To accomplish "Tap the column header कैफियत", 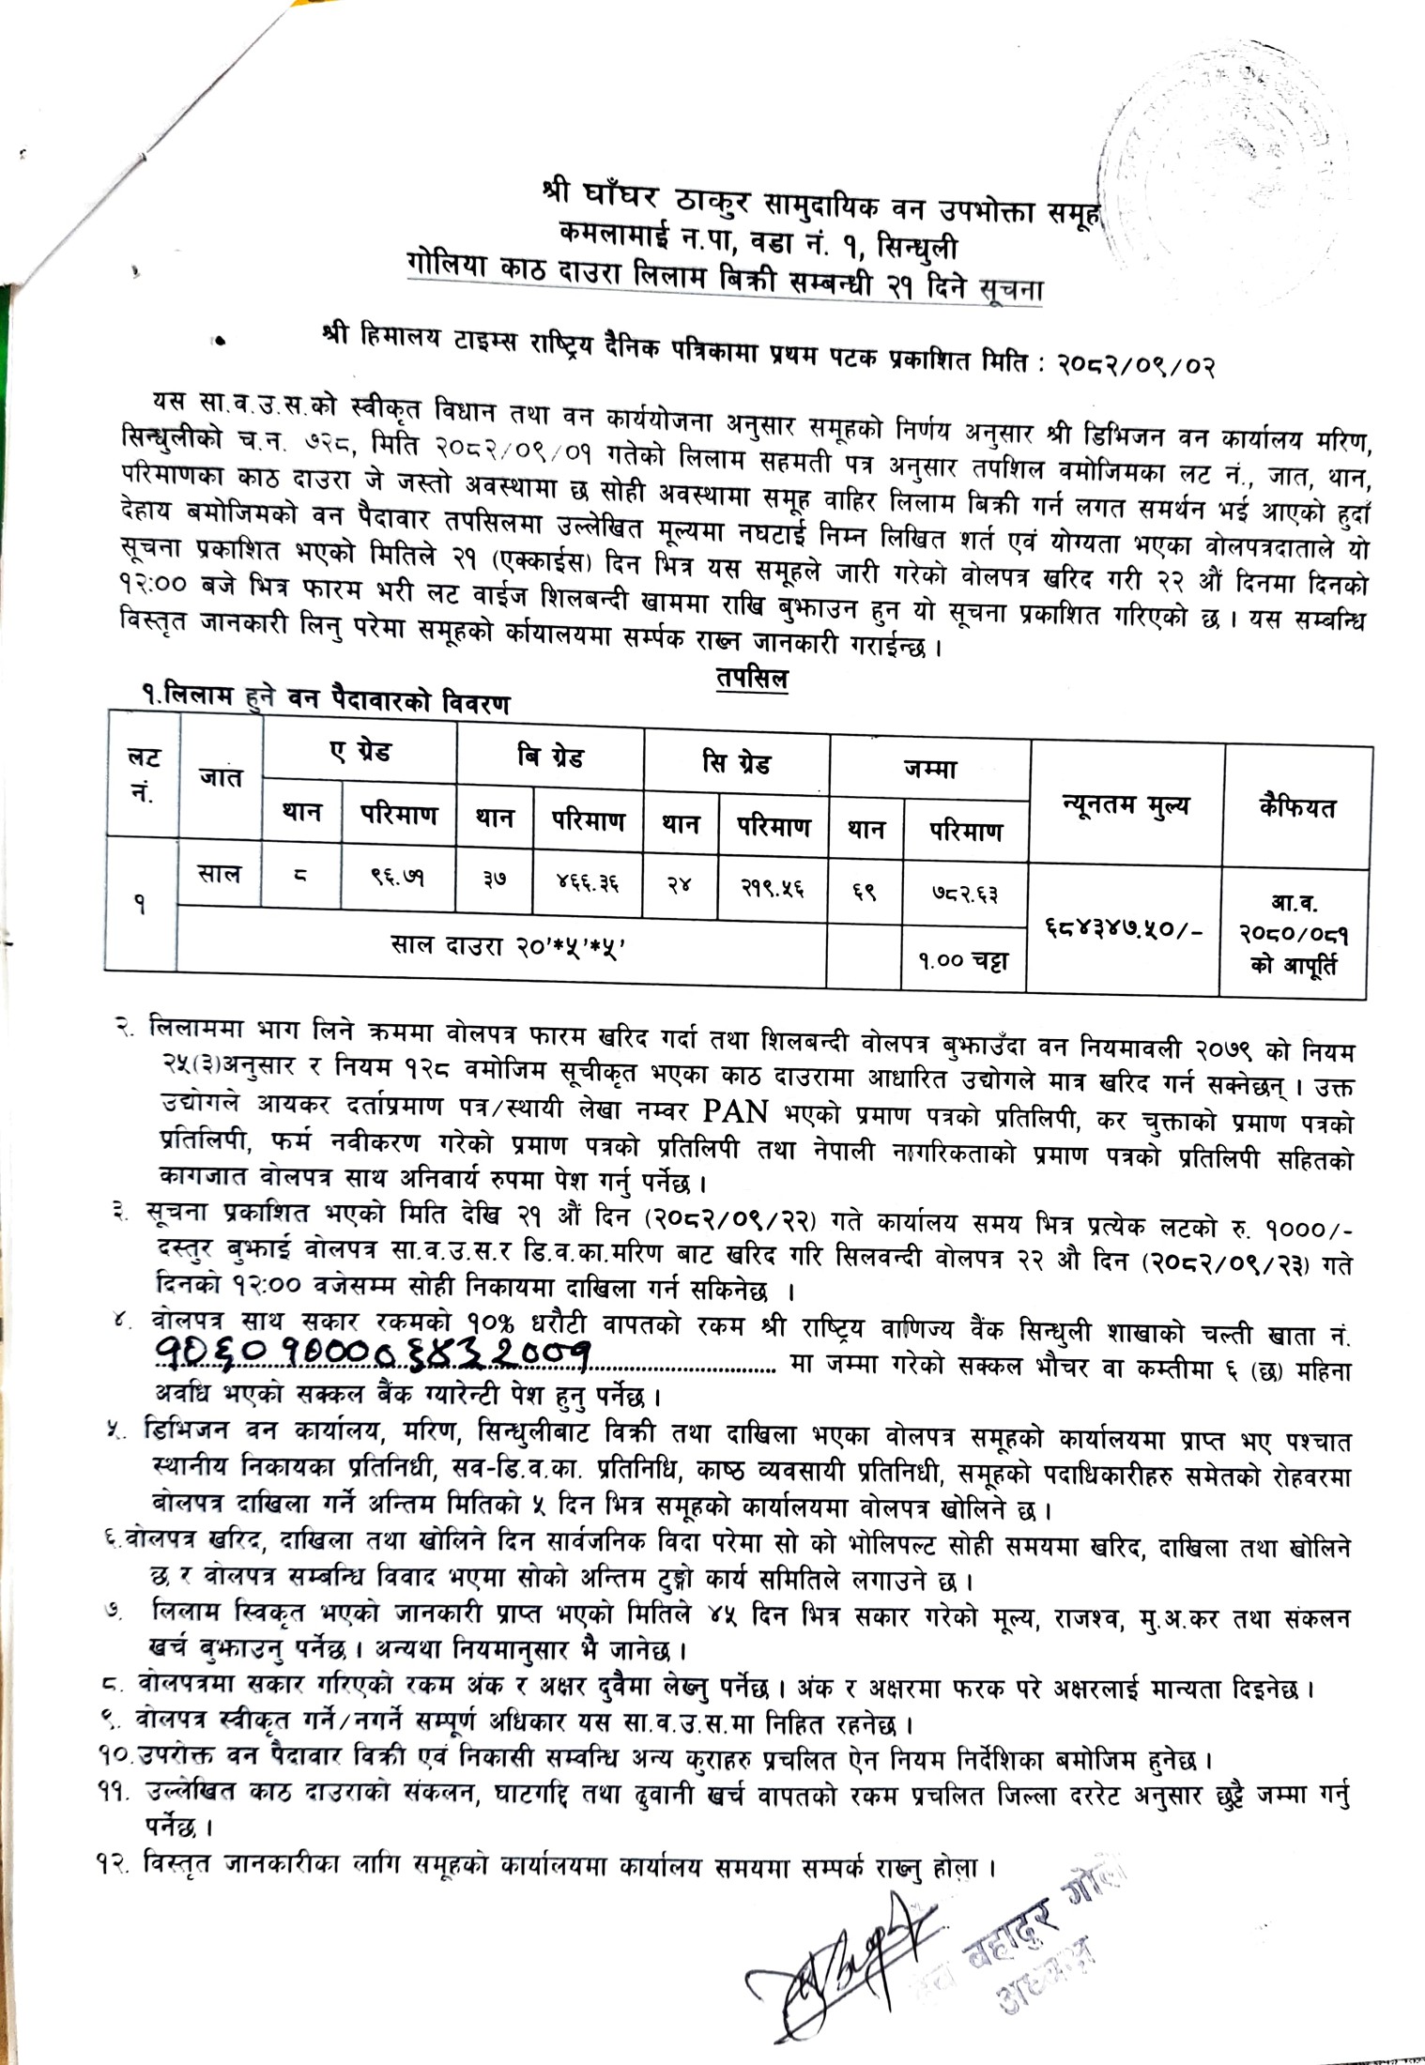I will pos(1298,807).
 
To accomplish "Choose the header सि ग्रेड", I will pos(736,760).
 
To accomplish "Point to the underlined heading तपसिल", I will pos(750,679).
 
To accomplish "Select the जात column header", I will pos(221,777).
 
